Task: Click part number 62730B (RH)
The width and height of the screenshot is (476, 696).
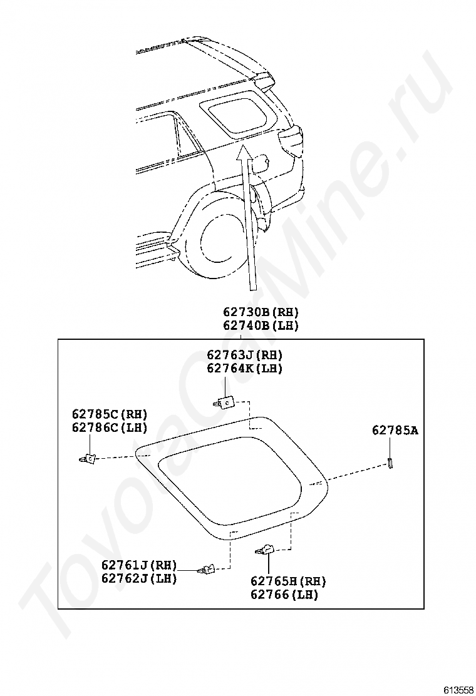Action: click(261, 312)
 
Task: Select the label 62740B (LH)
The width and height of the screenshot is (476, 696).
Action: click(261, 325)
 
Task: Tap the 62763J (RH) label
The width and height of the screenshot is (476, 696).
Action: click(245, 355)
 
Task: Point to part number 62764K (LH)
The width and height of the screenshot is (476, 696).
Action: click(245, 369)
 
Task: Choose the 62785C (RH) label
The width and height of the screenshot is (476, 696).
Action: click(110, 414)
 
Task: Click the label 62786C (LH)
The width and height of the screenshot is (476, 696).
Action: click(110, 427)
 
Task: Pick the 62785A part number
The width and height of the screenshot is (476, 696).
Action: click(395, 430)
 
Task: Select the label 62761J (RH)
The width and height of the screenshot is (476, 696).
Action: click(139, 565)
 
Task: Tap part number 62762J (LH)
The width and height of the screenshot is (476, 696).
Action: click(139, 578)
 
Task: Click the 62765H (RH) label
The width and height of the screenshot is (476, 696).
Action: click(288, 581)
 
